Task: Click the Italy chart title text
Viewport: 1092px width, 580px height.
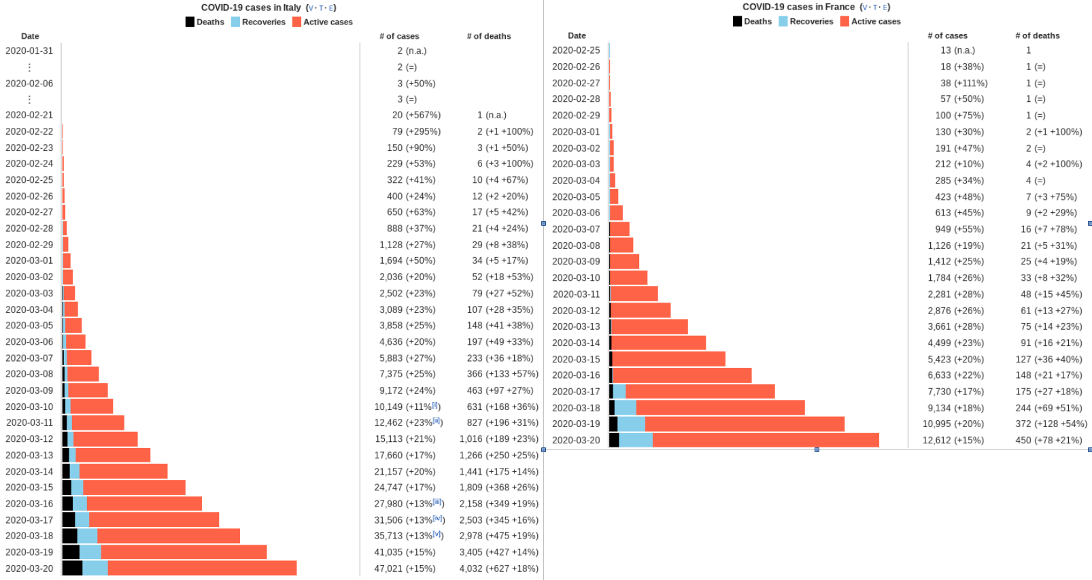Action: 251,7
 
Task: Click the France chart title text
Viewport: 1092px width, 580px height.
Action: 798,7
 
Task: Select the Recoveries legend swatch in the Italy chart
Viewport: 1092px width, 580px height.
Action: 235,22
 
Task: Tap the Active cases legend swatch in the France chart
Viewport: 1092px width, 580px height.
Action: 844,21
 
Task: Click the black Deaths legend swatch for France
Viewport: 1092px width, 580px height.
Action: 737,21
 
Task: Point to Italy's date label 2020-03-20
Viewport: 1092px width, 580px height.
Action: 29,568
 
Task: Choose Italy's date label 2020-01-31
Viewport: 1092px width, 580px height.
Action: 29,50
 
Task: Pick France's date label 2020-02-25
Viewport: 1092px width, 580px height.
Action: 576,50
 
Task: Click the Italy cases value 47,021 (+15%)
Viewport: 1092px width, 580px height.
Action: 405,568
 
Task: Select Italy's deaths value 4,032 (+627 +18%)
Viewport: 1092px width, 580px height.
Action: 498,568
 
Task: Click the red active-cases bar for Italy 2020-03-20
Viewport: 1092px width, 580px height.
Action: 202,568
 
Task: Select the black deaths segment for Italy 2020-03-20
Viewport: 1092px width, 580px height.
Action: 72,568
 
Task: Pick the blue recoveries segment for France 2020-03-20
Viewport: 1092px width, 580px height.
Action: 635,440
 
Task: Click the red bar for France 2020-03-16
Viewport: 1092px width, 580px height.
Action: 682,375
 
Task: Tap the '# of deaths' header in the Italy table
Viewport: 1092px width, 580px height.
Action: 488,36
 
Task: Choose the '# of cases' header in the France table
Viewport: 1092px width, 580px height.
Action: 947,35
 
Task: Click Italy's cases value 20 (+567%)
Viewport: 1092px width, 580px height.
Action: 416,115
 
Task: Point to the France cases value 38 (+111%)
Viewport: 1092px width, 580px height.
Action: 963,83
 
